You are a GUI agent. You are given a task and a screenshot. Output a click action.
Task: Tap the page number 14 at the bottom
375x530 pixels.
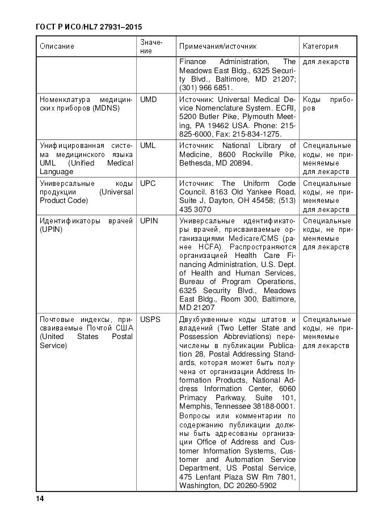(40, 498)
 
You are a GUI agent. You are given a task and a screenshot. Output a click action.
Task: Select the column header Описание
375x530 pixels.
(57, 46)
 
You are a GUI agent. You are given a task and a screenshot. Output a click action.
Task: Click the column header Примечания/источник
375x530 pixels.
(218, 46)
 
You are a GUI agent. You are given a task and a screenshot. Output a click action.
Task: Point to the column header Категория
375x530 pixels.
(321, 46)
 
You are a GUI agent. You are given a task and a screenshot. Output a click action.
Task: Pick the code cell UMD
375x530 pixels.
(148, 99)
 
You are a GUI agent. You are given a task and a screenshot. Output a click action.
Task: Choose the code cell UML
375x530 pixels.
(148, 146)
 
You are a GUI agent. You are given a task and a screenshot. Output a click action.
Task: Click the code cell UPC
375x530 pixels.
(148, 184)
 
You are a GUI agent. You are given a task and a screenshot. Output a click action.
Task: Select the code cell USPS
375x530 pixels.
(150, 320)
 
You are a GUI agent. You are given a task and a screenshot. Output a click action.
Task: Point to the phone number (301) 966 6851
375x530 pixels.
(206, 88)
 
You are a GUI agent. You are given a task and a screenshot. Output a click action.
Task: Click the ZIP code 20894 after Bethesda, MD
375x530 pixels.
(241, 163)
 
